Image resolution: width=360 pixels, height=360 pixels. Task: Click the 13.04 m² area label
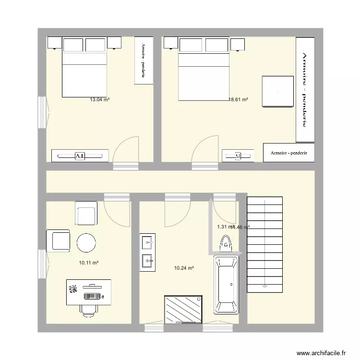pos(99,100)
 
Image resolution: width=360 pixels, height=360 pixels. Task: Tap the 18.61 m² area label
pos(238,100)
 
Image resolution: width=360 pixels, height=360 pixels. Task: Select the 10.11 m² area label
pos(89,263)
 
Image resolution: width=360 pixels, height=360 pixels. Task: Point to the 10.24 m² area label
pos(184,268)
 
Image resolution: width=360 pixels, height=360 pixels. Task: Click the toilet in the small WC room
pos(225,244)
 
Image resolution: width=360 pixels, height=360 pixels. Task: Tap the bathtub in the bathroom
pos(226,285)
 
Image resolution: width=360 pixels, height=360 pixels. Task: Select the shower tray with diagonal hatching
pos(183,310)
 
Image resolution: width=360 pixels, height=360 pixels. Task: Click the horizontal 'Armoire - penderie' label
pos(289,153)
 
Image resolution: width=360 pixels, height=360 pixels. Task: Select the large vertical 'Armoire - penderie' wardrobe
pos(305,90)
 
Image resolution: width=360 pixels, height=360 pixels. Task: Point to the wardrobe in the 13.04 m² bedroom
pos(144,60)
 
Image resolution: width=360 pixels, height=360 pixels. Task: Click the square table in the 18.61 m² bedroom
pos(277,91)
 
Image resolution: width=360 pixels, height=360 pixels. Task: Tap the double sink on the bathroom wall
pos(147,252)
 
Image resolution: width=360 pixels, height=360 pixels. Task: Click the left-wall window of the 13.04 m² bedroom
pos(43,113)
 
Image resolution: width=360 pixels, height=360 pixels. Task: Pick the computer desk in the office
pos(89,292)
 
